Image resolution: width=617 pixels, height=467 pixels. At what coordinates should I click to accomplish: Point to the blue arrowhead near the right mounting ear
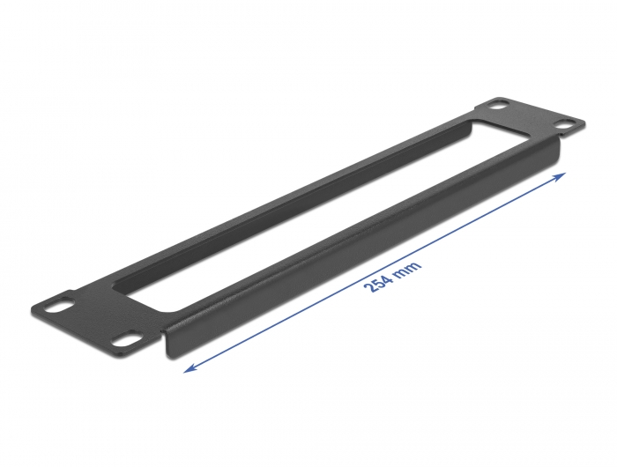pyautogui.click(x=561, y=177)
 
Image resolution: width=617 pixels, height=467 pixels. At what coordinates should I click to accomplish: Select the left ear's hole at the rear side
pyautogui.click(x=61, y=307)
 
